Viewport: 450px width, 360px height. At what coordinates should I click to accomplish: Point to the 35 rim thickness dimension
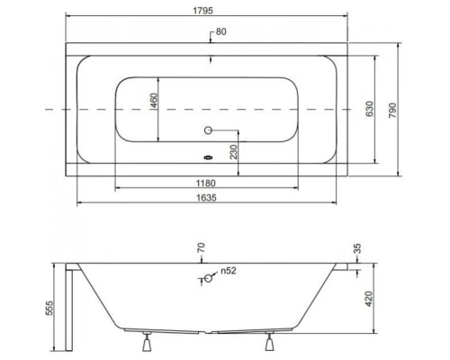coord(357,249)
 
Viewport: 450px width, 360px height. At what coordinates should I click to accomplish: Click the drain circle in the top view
coord(209,130)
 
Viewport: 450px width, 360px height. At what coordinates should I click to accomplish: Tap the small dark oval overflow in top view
coord(209,162)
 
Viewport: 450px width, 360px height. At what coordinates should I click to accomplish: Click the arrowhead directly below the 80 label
coord(211,60)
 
